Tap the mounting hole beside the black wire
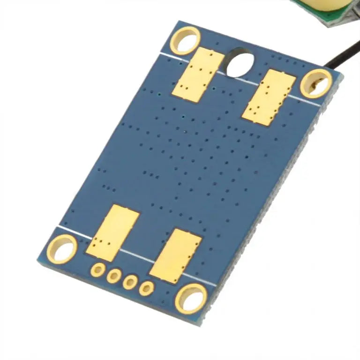point(316,83)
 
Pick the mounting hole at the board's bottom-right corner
point(191,298)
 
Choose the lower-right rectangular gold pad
point(176,255)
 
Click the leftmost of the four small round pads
point(98,270)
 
